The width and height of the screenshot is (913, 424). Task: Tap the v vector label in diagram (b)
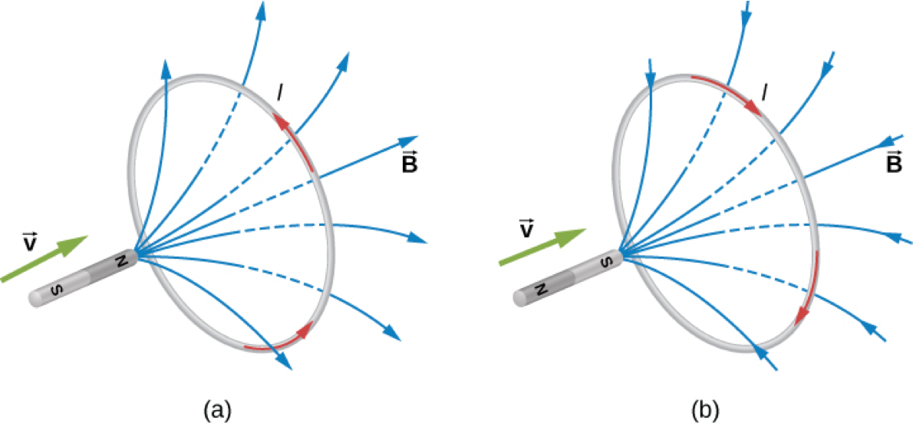pyautogui.click(x=526, y=228)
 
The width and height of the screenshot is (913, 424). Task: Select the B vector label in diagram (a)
pyautogui.click(x=409, y=164)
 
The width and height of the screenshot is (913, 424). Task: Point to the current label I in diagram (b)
pyautogui.click(x=763, y=94)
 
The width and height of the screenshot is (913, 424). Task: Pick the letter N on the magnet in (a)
pyautogui.click(x=121, y=261)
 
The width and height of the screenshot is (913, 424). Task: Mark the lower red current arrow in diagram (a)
pyautogui.click(x=281, y=340)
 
